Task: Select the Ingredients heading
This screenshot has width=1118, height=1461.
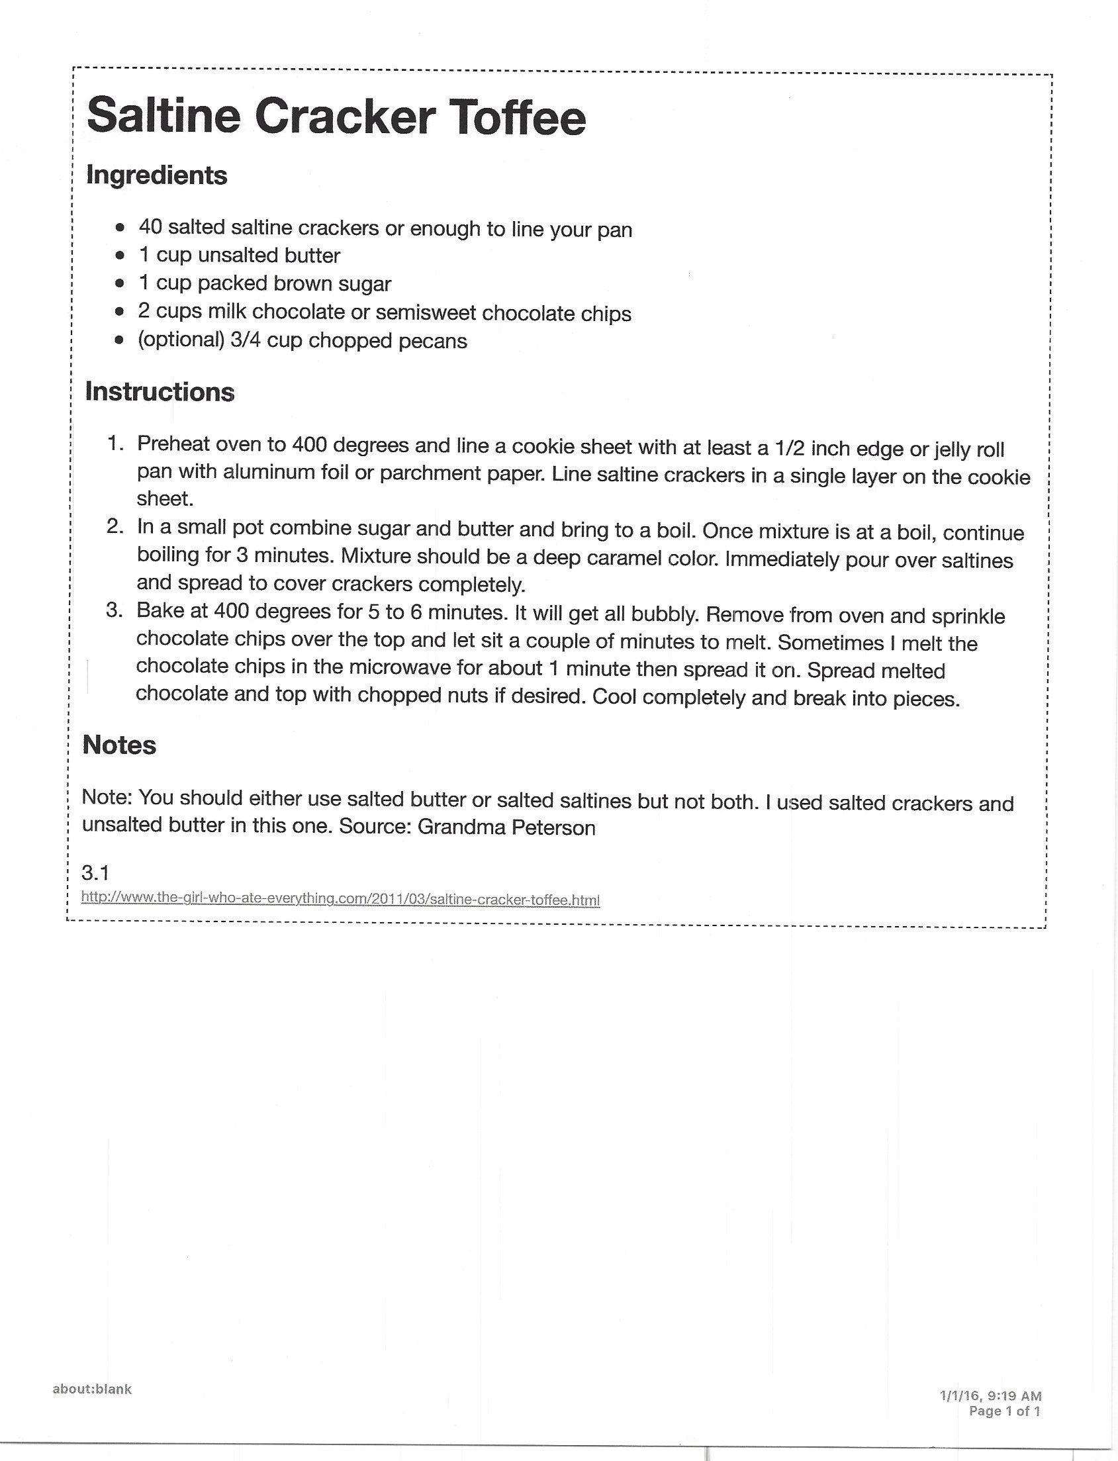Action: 156,175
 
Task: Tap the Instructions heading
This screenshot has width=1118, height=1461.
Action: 160,391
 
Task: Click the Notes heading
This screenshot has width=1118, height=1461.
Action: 119,745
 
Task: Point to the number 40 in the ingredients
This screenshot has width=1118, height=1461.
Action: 150,227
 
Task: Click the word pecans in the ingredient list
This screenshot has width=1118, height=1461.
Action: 432,341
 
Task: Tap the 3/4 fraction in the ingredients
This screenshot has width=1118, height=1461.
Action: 245,340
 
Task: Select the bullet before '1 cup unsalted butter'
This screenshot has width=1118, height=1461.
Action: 120,255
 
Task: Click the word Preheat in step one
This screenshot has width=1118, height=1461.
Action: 173,444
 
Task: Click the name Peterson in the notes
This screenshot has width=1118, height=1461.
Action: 553,827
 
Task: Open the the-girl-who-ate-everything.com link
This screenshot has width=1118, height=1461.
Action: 340,898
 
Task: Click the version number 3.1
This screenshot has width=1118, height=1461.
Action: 95,872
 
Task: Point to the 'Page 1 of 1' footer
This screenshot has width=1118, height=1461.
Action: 1005,1411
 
